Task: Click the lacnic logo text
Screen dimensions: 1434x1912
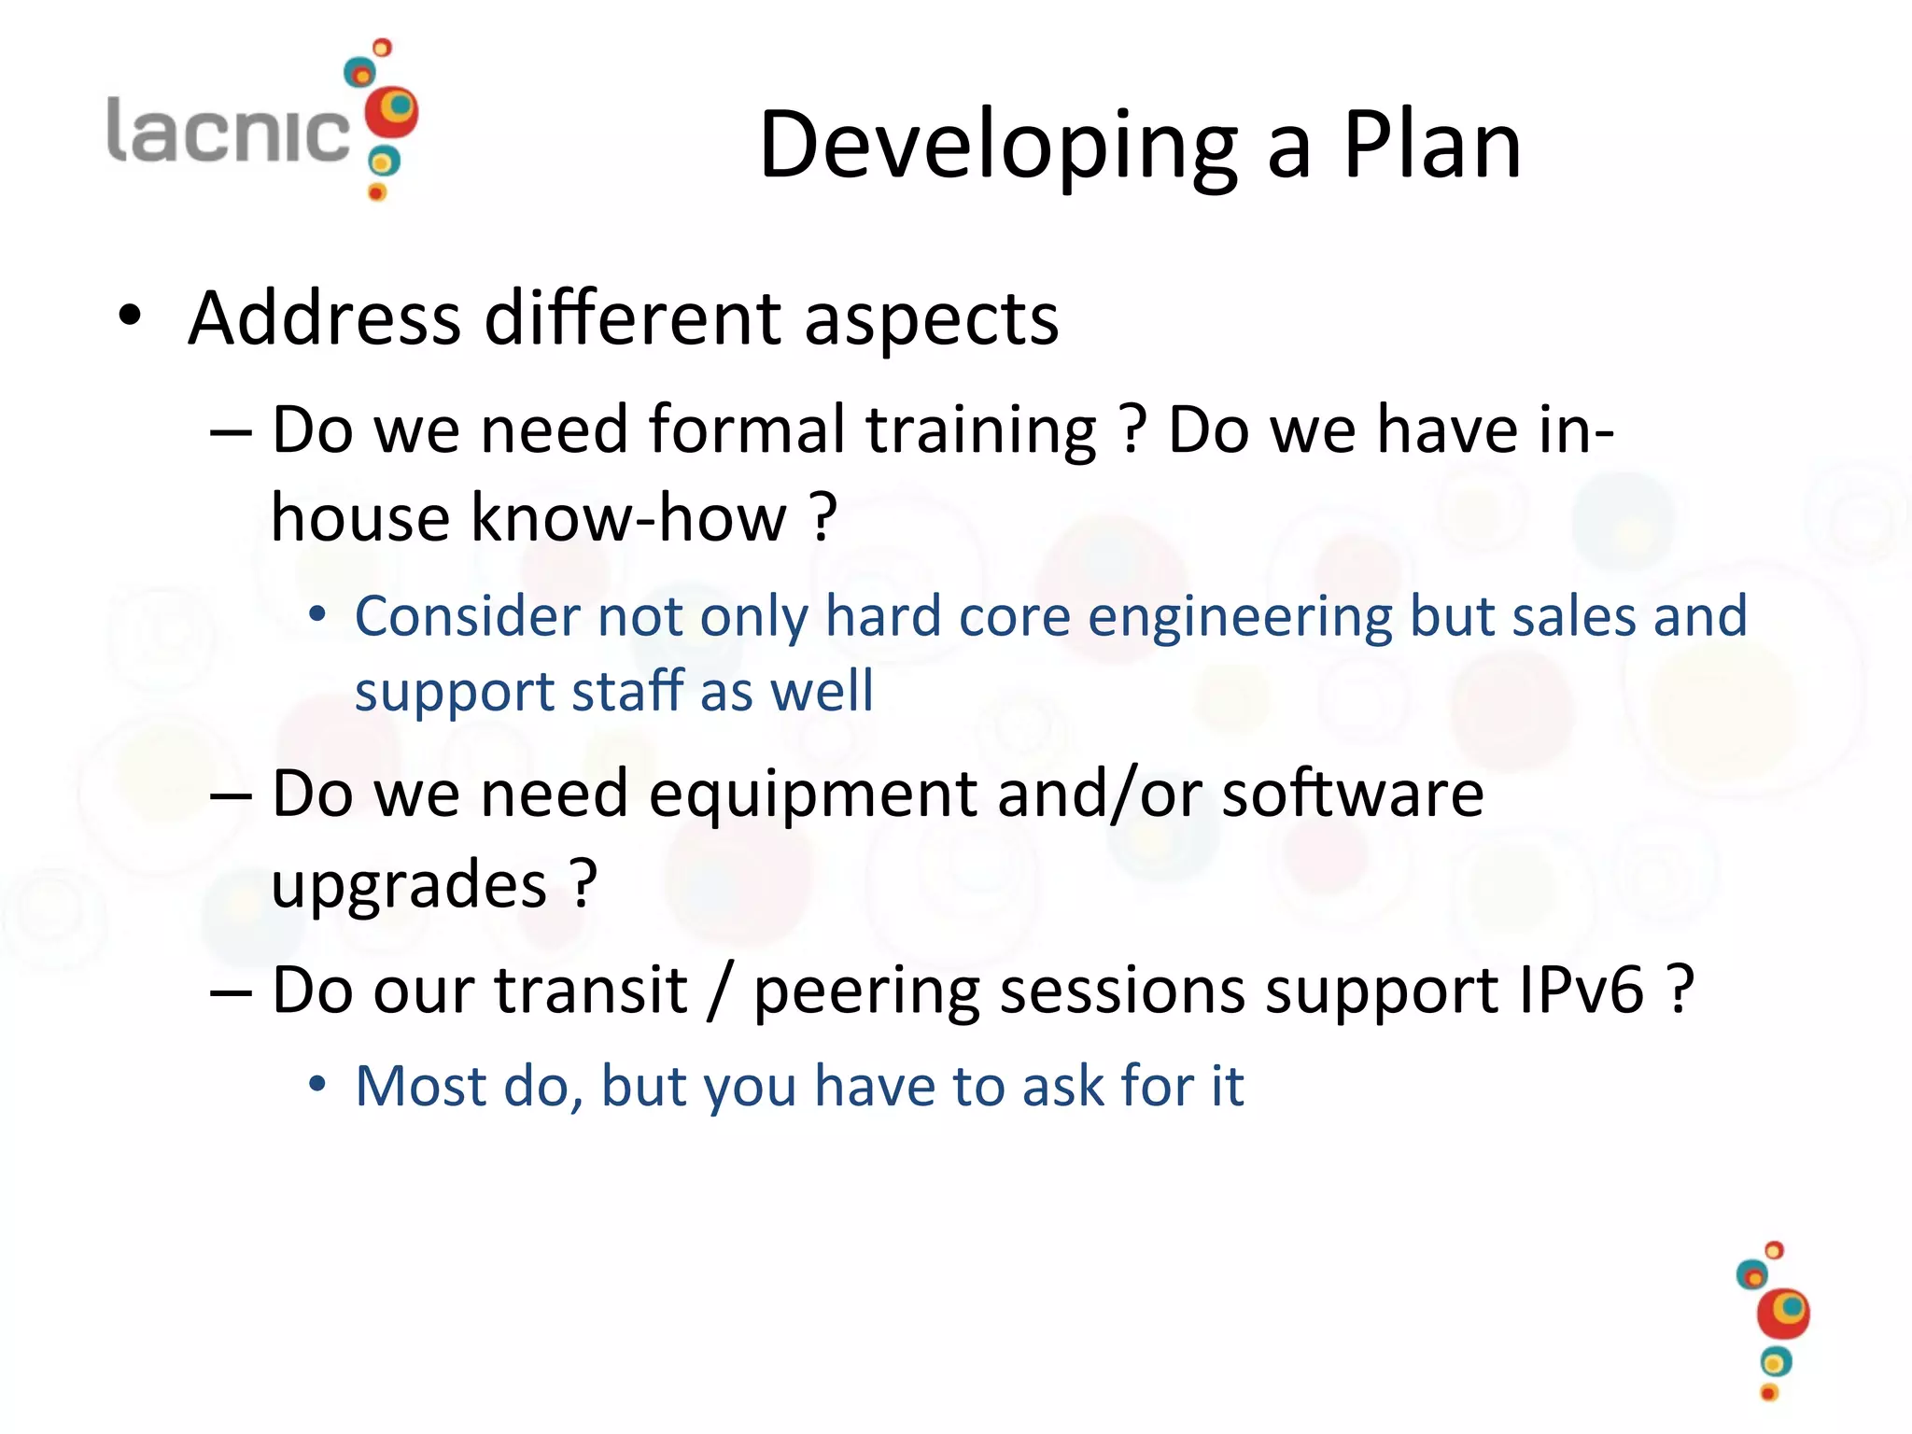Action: coord(229,131)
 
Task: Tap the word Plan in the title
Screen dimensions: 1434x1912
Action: coord(1432,145)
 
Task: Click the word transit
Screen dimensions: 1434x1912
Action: coord(591,991)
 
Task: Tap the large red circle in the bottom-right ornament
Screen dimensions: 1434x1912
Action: coord(1782,1314)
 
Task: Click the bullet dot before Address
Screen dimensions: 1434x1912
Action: coord(130,316)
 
